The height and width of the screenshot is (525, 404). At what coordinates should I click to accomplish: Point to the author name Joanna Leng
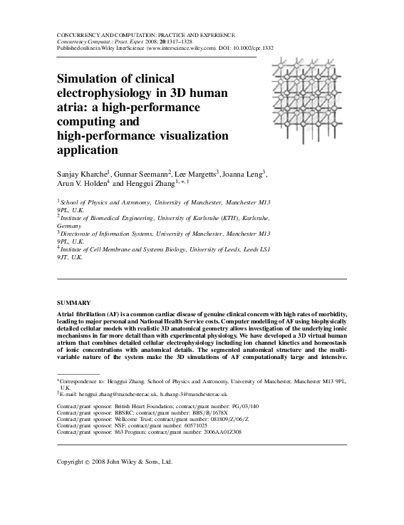click(245, 173)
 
